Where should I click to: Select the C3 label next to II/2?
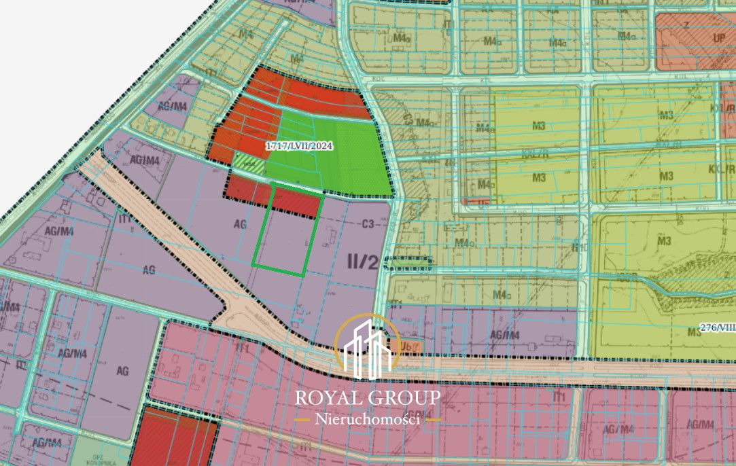(x=369, y=223)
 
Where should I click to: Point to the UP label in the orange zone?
(x=719, y=39)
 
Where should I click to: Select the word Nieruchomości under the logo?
(x=367, y=420)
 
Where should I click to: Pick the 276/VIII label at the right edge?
(x=719, y=327)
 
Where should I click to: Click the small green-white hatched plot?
(x=249, y=161)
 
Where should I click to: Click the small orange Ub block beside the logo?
(x=410, y=346)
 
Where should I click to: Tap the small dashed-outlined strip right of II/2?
(x=407, y=262)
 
